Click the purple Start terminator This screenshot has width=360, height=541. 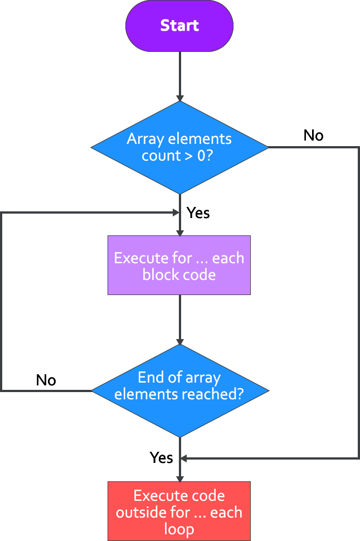[179, 26]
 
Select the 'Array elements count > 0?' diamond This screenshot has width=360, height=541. [179, 147]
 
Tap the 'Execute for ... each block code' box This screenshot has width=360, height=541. [179, 265]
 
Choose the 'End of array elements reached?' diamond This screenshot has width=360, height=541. [179, 390]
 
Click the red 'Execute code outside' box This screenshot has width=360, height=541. [179, 511]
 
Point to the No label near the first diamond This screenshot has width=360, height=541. [313, 136]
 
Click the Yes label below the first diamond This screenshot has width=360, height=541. [198, 212]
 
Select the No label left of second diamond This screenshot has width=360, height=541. [46, 380]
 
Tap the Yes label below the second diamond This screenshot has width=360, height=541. [161, 457]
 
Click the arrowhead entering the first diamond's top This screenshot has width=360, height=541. [179, 96]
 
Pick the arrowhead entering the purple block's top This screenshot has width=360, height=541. [179, 231]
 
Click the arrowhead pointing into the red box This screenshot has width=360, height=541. [179, 478]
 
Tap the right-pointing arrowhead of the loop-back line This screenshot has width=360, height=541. [175, 212]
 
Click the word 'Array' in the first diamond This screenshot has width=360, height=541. [143, 139]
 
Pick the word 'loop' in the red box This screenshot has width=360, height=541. [179, 529]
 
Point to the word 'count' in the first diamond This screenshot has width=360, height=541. [160, 156]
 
